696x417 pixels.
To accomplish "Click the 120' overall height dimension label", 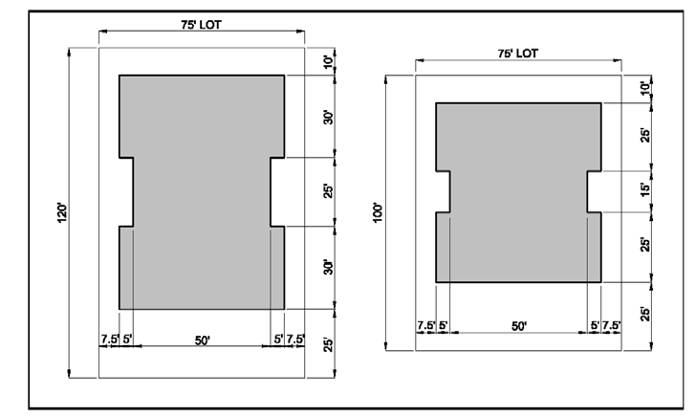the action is tap(62, 213).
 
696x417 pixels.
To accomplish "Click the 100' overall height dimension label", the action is tap(378, 212).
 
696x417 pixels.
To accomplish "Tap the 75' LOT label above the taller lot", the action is tap(201, 25).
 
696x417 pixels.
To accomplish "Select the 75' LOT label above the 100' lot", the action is tap(517, 54).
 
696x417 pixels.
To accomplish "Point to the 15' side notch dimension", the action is tap(645, 189).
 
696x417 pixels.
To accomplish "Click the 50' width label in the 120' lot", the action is tap(203, 340).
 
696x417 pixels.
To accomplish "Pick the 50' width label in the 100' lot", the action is tap(519, 326).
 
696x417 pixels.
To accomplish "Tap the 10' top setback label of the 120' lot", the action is tap(328, 62).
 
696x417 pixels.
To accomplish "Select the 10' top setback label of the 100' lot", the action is tap(645, 87).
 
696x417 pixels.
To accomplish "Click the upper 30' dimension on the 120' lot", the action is tap(328, 118).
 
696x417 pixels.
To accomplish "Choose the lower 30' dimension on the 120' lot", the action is tap(328, 268).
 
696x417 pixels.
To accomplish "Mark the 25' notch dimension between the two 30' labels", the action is tap(328, 191).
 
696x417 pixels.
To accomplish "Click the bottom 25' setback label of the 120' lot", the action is tap(328, 344).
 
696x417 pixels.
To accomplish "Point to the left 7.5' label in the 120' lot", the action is tap(110, 340).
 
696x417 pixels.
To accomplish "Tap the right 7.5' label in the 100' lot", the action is tap(611, 325).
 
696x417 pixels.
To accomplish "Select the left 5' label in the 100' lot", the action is tap(443, 325).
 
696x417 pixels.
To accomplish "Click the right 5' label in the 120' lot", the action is tap(278, 340).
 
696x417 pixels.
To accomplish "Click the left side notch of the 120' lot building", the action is tap(126, 192).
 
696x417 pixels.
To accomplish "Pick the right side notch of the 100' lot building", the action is tap(595, 191).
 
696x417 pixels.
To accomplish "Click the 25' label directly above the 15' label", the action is tap(645, 135).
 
